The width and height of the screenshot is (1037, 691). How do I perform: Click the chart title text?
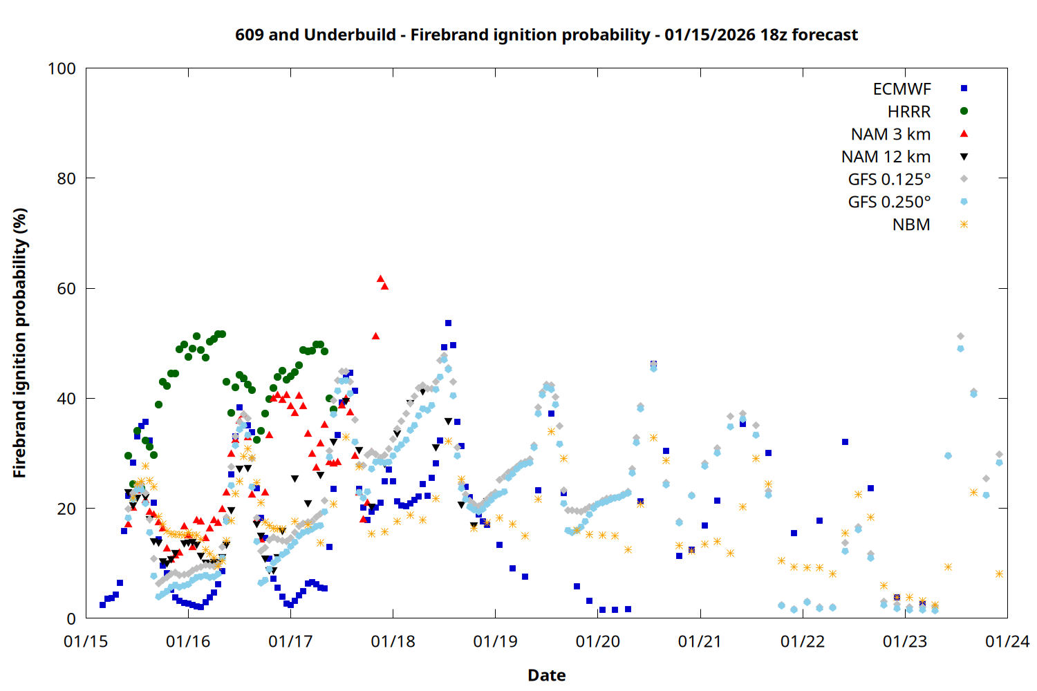pyautogui.click(x=546, y=35)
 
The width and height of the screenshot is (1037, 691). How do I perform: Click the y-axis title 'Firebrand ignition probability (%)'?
pyautogui.click(x=20, y=343)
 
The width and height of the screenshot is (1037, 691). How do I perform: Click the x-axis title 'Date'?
pyautogui.click(x=546, y=675)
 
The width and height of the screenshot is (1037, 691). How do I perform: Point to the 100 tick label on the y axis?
pyautogui.click(x=62, y=68)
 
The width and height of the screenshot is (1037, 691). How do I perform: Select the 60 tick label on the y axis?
pyautogui.click(x=66, y=289)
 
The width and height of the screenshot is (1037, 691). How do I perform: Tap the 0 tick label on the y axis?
pyautogui.click(x=71, y=619)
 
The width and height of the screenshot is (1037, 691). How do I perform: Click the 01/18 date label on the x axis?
pyautogui.click(x=393, y=642)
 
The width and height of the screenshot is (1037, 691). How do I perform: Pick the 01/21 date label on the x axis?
pyautogui.click(x=700, y=642)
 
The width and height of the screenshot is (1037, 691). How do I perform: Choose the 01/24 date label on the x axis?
pyautogui.click(x=1007, y=642)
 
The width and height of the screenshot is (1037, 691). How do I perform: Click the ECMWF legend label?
pyautogui.click(x=901, y=89)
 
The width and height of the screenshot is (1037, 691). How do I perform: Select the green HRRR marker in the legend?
pyautogui.click(x=964, y=111)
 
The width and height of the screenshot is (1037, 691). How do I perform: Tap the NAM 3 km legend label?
pyautogui.click(x=890, y=134)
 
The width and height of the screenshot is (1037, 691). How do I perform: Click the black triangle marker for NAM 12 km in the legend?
pyautogui.click(x=964, y=157)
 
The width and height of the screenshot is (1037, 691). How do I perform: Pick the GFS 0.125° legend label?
pyautogui.click(x=889, y=180)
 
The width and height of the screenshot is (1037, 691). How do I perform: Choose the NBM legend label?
pyautogui.click(x=911, y=225)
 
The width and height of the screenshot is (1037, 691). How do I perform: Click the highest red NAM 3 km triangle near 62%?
pyautogui.click(x=380, y=278)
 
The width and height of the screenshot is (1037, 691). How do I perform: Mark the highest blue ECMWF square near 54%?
pyautogui.click(x=448, y=323)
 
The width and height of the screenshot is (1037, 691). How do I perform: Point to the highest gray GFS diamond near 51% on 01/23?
pyautogui.click(x=960, y=337)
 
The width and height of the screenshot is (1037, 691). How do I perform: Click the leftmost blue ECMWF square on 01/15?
pyautogui.click(x=102, y=605)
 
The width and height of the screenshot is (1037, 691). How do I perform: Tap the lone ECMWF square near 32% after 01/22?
pyautogui.click(x=845, y=442)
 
